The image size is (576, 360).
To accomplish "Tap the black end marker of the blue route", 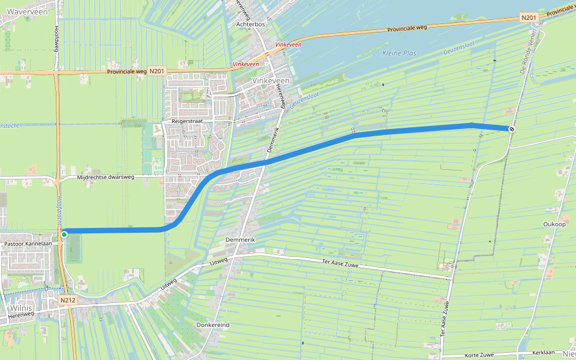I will pyautogui.click(x=512, y=129).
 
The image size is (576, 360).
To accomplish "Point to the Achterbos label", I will pyautogui.click(x=250, y=25).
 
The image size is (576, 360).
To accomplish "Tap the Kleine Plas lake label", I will pyautogui.click(x=399, y=53).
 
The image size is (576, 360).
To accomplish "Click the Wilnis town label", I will pyautogui.click(x=20, y=308).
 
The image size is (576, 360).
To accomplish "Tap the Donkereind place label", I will pyautogui.click(x=213, y=325).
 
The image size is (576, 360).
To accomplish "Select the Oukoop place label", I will pyautogui.click(x=555, y=224).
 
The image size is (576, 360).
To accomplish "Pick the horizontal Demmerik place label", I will pyautogui.click(x=241, y=239).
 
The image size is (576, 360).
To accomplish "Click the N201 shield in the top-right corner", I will pyautogui.click(x=529, y=17).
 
